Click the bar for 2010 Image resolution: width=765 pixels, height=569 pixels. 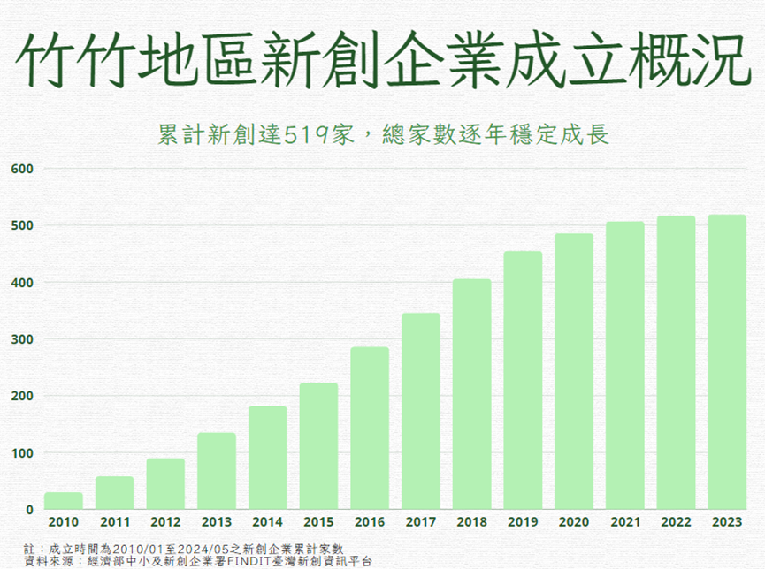pyautogui.click(x=64, y=501)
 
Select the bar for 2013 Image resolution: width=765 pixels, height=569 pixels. pyautogui.click(x=217, y=471)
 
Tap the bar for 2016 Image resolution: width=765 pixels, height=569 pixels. pyautogui.click(x=370, y=429)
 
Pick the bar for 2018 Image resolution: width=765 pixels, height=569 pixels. pyautogui.click(x=471, y=394)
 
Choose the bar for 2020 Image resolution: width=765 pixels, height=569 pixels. pyautogui.click(x=574, y=372)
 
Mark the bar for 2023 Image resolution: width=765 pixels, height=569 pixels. pyautogui.click(x=727, y=362)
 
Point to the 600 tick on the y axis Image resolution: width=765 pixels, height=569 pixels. pyautogui.click(x=22, y=169)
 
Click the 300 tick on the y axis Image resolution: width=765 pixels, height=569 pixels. pyautogui.click(x=22, y=339)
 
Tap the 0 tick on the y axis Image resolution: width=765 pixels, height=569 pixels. pyautogui.click(x=30, y=510)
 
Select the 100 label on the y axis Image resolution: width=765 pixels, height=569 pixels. pyautogui.click(x=22, y=453)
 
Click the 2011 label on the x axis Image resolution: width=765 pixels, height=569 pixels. pyautogui.click(x=115, y=522)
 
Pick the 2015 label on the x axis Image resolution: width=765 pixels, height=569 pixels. pyautogui.click(x=318, y=522)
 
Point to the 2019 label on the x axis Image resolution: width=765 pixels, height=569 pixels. pyautogui.click(x=523, y=522)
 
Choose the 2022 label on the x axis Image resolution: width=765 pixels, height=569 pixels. pyautogui.click(x=676, y=522)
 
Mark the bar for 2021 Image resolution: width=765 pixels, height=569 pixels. pyautogui.click(x=625, y=366)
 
